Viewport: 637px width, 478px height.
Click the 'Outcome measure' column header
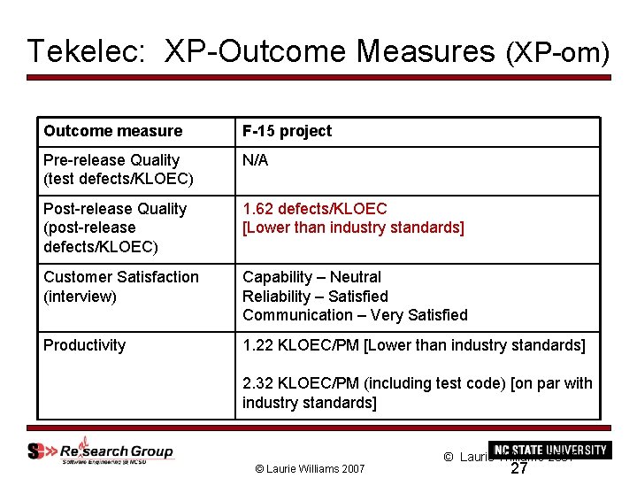pyautogui.click(x=112, y=131)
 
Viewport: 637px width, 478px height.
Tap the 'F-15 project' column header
pyautogui.click(x=287, y=131)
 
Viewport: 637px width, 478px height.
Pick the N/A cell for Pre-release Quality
pyautogui.click(x=255, y=160)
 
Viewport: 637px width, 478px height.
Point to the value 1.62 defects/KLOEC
pyautogui.click(x=315, y=209)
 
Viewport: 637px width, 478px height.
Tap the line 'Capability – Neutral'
pyautogui.click(x=311, y=277)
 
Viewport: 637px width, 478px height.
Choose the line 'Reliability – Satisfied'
pyautogui.click(x=315, y=297)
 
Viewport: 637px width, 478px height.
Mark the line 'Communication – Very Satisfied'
pyautogui.click(x=355, y=315)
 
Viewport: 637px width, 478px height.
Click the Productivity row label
pyautogui.click(x=84, y=345)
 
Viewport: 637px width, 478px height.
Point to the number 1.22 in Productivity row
pyautogui.click(x=257, y=345)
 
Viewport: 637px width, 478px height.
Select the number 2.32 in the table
pyautogui.click(x=257, y=383)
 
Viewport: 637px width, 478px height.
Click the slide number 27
pyautogui.click(x=520, y=468)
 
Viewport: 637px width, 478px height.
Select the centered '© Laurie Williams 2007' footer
pyautogui.click(x=310, y=467)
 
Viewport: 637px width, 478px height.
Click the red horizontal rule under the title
pyautogui.click(x=318, y=78)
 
